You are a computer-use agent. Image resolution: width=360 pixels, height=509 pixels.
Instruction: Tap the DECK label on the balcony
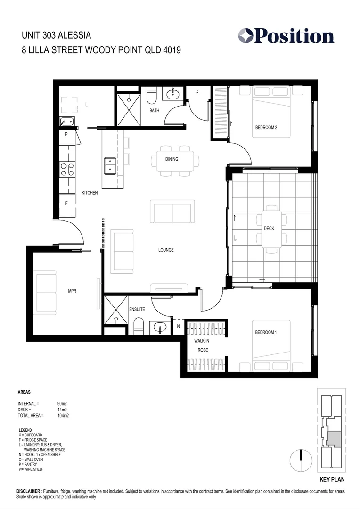tap(269, 229)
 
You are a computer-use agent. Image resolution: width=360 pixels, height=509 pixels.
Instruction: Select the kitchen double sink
tap(110, 165)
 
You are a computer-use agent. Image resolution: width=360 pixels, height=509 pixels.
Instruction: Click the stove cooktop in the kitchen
tap(66, 169)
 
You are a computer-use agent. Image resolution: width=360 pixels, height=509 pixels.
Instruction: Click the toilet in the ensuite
tap(138, 325)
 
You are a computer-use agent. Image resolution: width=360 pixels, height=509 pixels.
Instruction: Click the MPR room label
tap(72, 291)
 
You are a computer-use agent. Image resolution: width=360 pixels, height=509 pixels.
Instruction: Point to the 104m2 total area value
tap(64, 416)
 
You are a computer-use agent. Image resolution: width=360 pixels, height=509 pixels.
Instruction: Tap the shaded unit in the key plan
tap(334, 439)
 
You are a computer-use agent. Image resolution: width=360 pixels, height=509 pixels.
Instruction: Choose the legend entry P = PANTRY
tap(32, 464)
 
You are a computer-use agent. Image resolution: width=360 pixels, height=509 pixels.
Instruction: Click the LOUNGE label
tap(166, 250)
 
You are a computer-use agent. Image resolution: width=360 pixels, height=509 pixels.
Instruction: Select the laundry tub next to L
tap(67, 122)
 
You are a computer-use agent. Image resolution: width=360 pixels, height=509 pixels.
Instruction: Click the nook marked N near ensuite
tap(178, 326)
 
